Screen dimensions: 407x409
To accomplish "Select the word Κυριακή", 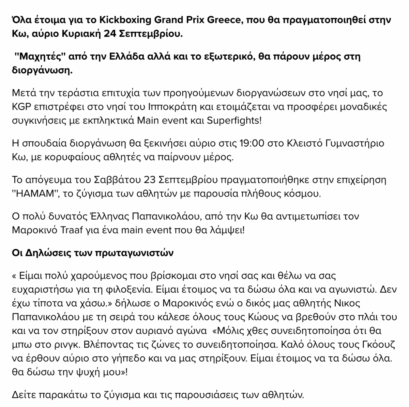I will pos(81,34).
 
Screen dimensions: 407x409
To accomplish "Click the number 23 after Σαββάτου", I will pos(152,180).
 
